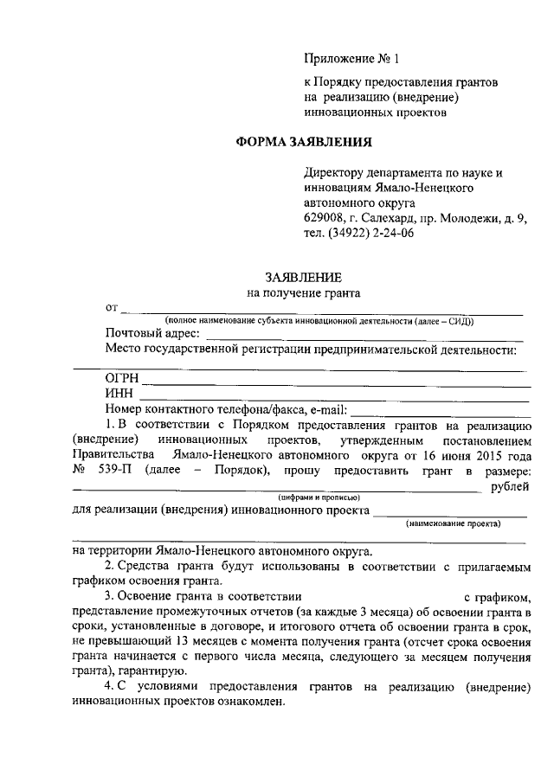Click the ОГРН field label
tap(121, 379)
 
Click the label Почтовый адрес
tap(152, 334)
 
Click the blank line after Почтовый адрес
tap(364, 338)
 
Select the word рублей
tap(510, 487)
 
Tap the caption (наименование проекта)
tap(453, 523)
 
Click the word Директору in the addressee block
tap(333, 173)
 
